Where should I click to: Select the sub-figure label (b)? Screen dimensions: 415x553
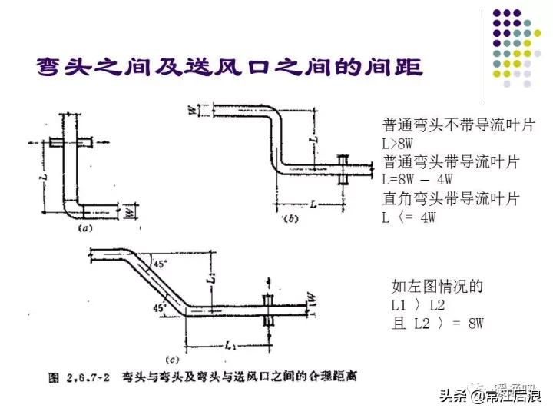tap(291, 220)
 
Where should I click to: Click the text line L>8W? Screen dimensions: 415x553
tap(402, 143)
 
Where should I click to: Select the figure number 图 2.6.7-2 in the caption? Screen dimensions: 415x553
tap(73, 377)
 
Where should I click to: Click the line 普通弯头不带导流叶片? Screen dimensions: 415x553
tap(459, 124)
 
